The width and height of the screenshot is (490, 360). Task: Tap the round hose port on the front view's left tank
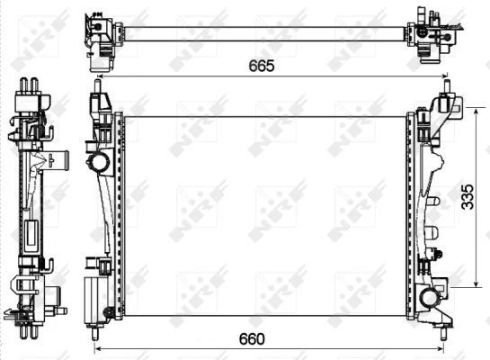(98, 163)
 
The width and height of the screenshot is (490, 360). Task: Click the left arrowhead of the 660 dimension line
(98, 348)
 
